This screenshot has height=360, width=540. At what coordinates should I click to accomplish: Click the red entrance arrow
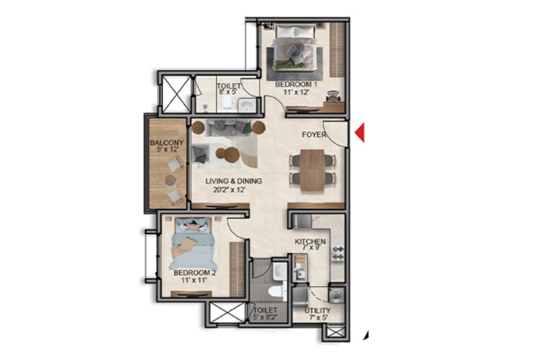pyautogui.click(x=360, y=132)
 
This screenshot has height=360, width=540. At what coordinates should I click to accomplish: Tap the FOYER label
pyautogui.click(x=314, y=134)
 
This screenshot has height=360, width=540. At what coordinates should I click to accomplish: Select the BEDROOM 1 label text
pyautogui.click(x=296, y=85)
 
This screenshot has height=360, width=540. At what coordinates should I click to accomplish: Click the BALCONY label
pyautogui.click(x=166, y=142)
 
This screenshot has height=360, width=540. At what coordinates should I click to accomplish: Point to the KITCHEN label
pyautogui.click(x=310, y=241)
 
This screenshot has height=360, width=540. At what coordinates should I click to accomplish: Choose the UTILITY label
pyautogui.click(x=317, y=310)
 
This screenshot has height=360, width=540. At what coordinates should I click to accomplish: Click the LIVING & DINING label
pyautogui.click(x=233, y=181)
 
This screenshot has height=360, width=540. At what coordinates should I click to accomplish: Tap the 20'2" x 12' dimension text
pyautogui.click(x=229, y=189)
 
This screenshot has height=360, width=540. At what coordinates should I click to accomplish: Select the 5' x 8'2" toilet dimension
pyautogui.click(x=265, y=318)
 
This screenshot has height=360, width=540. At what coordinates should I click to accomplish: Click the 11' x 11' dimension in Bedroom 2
pyautogui.click(x=194, y=280)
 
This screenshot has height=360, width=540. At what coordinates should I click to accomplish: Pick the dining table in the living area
pyautogui.click(x=312, y=170)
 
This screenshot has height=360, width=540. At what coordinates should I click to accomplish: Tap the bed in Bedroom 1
pyautogui.click(x=295, y=47)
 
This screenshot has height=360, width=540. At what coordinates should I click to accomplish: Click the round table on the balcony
pyautogui.click(x=171, y=180)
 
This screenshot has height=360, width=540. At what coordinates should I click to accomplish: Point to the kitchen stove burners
pyautogui.click(x=337, y=253)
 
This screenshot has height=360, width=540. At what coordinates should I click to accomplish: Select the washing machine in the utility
pyautogui.click(x=336, y=296)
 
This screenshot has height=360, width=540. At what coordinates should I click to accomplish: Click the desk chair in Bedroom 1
pyautogui.click(x=333, y=95)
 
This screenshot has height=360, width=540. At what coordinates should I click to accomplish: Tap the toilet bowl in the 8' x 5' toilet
pyautogui.click(x=227, y=103)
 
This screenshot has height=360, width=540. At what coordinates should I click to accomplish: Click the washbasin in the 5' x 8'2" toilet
pyautogui.click(x=279, y=271)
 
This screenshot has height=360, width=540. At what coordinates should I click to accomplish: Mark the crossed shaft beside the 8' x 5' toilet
pyautogui.click(x=176, y=93)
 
